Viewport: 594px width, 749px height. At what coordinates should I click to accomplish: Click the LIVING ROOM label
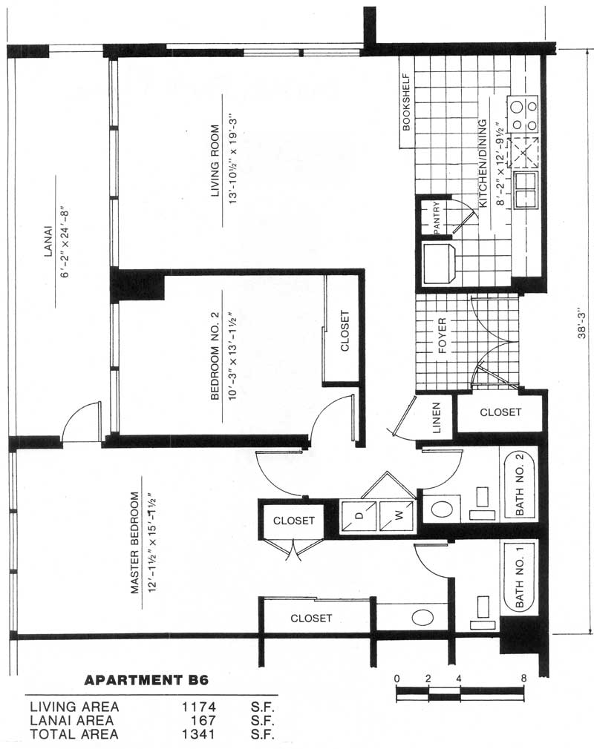(215, 160)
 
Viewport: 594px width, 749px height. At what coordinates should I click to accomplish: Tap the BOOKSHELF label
(407, 102)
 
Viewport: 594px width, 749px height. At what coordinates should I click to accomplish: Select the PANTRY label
(436, 218)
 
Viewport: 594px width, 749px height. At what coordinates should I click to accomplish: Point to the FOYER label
(442, 336)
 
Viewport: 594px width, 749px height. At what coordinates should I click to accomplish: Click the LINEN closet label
(436, 418)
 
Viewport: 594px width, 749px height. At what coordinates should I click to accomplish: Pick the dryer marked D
(358, 516)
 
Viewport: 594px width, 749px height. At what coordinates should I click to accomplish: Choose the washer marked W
(396, 516)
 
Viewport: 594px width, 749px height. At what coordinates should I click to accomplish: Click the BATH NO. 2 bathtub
(520, 484)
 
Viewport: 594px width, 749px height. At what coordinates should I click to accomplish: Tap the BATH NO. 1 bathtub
(520, 576)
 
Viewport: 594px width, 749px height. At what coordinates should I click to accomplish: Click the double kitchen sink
(526, 190)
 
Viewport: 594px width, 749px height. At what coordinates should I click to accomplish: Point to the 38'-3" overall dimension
(581, 323)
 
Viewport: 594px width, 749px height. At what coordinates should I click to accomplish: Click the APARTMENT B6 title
(146, 680)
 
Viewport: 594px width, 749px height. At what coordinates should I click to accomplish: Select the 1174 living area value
(198, 707)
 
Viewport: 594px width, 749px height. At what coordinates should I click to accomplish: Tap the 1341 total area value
(198, 734)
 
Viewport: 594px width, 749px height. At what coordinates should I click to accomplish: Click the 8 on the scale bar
(523, 679)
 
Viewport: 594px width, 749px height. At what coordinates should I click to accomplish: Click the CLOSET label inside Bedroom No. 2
(345, 331)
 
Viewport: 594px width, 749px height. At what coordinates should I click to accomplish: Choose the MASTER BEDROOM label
(135, 543)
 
